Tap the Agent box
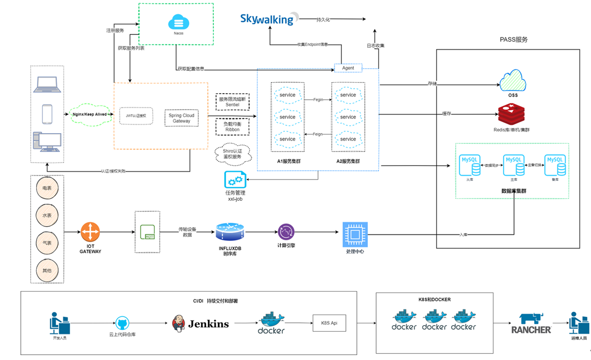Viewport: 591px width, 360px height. click(x=348, y=68)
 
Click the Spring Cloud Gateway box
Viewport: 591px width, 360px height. click(x=182, y=118)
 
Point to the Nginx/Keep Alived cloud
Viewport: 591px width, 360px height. click(x=89, y=114)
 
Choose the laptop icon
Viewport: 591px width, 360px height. click(x=47, y=85)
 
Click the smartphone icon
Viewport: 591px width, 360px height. click(x=47, y=114)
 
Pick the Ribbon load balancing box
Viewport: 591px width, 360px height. click(x=232, y=126)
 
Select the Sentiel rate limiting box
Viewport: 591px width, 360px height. click(x=232, y=102)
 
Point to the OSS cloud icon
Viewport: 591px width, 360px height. click(x=513, y=81)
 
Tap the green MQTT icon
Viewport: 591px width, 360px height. click(x=147, y=232)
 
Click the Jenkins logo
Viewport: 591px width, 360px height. click(x=201, y=324)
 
